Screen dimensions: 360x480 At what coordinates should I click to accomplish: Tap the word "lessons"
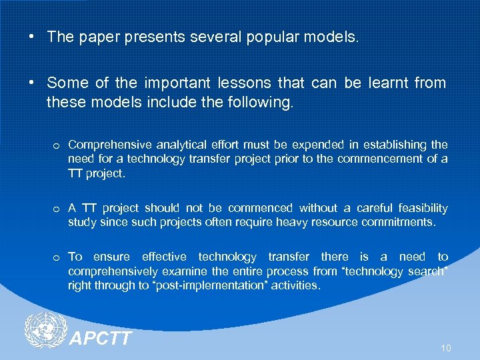tap(242, 83)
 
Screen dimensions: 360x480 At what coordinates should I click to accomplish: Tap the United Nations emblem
tap(45, 331)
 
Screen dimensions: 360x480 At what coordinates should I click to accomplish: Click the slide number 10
tap(445, 348)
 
